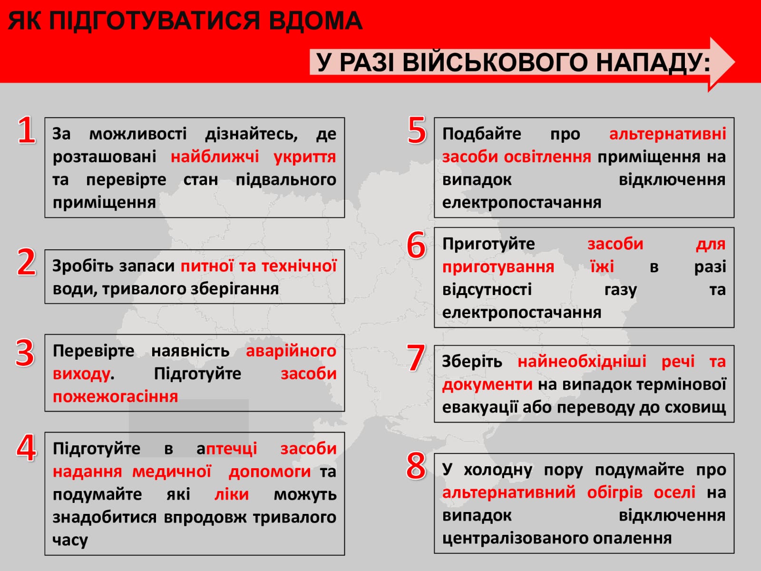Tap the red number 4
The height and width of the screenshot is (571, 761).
pyautogui.click(x=26, y=448)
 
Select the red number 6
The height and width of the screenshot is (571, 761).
pyautogui.click(x=416, y=245)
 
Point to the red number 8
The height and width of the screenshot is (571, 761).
pyautogui.click(x=416, y=466)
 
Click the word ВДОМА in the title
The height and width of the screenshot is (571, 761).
pyautogui.click(x=315, y=21)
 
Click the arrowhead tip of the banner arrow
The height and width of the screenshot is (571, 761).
pyautogui.click(x=735, y=62)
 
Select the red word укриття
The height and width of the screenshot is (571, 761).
pyautogui.click(x=305, y=157)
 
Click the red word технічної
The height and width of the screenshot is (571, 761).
pyautogui.click(x=299, y=266)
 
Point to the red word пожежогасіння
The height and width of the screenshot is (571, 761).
pyautogui.click(x=116, y=397)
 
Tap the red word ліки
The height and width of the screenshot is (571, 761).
pyautogui.click(x=232, y=494)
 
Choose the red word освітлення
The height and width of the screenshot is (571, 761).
pyautogui.click(x=547, y=157)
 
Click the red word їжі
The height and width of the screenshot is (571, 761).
pyautogui.click(x=602, y=267)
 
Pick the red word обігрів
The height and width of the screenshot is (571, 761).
pyautogui.click(x=615, y=492)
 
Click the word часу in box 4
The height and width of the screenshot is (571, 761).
pyautogui.click(x=70, y=540)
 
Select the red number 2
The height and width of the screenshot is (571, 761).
pyautogui.click(x=26, y=262)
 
